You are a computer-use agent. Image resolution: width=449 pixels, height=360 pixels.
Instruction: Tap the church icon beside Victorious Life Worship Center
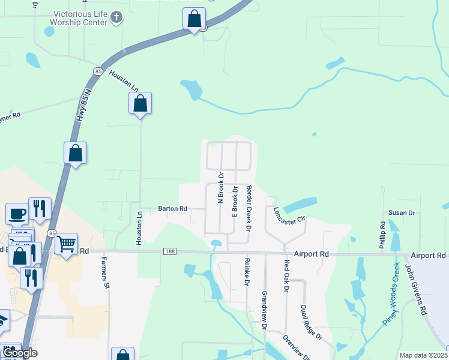tap(118, 19)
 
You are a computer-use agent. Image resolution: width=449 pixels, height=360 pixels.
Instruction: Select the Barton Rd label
tap(172, 208)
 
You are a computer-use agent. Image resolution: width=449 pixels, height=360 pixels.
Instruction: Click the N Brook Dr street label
tap(221, 187)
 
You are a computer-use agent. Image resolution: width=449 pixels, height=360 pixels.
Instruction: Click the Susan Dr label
tap(402, 212)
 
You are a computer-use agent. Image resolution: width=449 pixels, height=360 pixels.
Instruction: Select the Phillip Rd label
tap(382, 235)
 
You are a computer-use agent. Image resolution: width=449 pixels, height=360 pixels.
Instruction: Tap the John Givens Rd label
tap(415, 290)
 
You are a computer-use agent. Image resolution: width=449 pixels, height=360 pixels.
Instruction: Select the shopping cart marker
tap(66, 244)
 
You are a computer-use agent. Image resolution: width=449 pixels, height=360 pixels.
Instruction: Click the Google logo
tap(19, 353)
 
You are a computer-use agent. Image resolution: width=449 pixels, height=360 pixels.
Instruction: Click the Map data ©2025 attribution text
tap(423, 355)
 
